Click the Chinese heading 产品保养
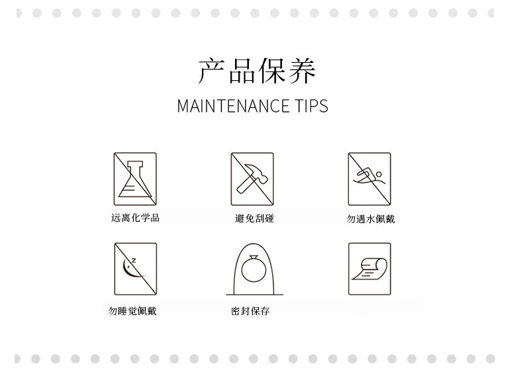pyautogui.click(x=256, y=70)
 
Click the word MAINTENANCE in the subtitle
pyautogui.click(x=233, y=106)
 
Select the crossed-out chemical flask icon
pyautogui.click(x=135, y=179)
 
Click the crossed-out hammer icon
pyautogui.click(x=252, y=179)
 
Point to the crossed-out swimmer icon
pyautogui.click(x=369, y=179)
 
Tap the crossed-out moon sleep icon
pyautogui.click(x=136, y=269)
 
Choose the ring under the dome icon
pyautogui.click(x=254, y=269)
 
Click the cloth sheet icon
pyautogui.click(x=369, y=269)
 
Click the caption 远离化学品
pyautogui.click(x=135, y=218)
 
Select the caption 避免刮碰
pyautogui.click(x=254, y=218)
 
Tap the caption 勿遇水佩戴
pyautogui.click(x=371, y=219)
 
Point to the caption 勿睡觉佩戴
pyautogui.click(x=132, y=311)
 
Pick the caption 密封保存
pyautogui.click(x=250, y=311)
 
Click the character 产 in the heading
pyautogui.click(x=211, y=70)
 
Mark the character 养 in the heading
pyautogui.click(x=302, y=70)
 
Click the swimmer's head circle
pyautogui.click(x=379, y=174)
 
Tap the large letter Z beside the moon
pyautogui.click(x=134, y=260)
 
